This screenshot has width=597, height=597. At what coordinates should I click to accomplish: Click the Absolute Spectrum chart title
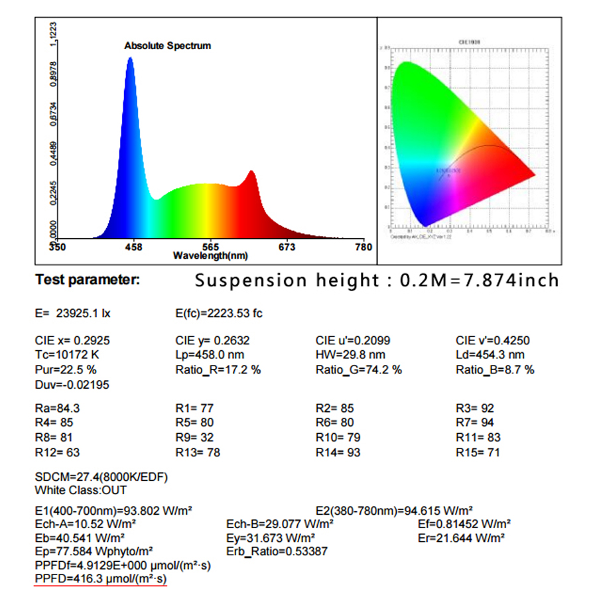coord(167,46)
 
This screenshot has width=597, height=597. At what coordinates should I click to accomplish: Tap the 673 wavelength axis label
coord(287,247)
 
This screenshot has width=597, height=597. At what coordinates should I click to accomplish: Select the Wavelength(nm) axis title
coord(210,255)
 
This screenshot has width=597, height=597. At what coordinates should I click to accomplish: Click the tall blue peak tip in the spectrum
coord(130,58)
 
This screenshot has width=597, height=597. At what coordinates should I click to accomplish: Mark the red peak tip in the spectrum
coord(251,172)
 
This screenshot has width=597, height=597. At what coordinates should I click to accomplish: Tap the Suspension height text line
coord(377,281)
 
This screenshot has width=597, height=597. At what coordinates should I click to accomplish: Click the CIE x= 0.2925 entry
coord(72,340)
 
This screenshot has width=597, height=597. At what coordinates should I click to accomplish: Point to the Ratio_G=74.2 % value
coord(358,369)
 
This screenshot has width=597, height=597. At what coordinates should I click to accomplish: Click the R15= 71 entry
coord(478,452)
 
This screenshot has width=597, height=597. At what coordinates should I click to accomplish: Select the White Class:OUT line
coord(80,490)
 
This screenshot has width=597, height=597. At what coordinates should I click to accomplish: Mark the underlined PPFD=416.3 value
coord(100,579)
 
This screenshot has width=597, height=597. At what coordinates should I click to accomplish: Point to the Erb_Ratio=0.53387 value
coord(277,551)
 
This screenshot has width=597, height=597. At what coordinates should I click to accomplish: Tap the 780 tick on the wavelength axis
coord(364,247)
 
